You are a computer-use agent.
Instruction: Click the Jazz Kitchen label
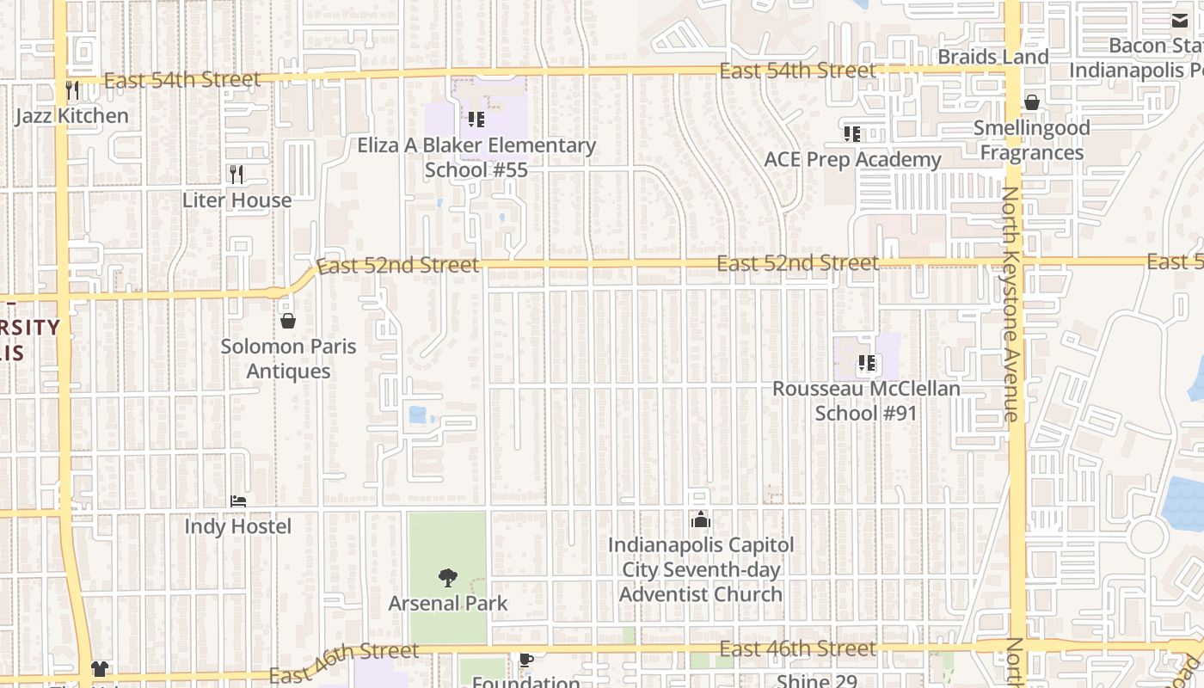point(72,115)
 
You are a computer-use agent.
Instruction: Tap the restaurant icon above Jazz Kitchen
point(72,89)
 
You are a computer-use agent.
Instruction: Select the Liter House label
point(237,200)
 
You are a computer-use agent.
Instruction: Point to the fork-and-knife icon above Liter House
point(237,175)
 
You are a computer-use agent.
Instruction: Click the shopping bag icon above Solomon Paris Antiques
point(288,321)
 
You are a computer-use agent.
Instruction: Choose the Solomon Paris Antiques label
point(288,359)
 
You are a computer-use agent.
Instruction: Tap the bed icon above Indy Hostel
point(238,501)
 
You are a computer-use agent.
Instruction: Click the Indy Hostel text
point(238,526)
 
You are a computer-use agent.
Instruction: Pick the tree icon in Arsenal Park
point(447,578)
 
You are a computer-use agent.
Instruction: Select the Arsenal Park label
point(447,604)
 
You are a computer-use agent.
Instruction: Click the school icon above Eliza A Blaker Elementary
point(476,120)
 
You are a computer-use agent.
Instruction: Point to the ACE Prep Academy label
point(852,160)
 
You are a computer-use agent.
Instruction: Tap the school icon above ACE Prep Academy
point(852,134)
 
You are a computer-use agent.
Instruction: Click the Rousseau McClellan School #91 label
point(866,401)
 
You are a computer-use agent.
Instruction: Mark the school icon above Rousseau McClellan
point(867,364)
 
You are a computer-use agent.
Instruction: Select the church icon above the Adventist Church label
point(701,519)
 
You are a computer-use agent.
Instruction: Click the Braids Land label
point(993,57)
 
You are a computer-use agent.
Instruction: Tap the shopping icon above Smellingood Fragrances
point(1032,102)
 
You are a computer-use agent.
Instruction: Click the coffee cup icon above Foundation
point(526,660)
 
